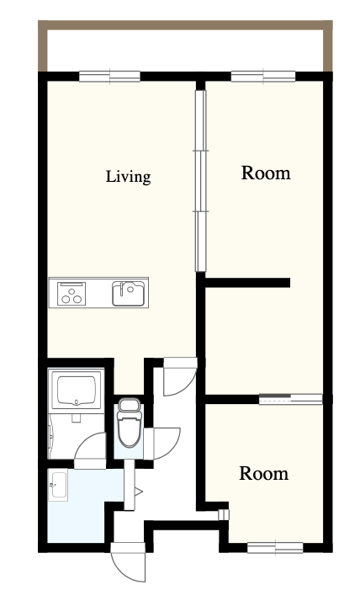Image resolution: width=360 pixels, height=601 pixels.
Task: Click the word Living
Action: pos(129,177)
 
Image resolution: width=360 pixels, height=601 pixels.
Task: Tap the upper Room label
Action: pos(266,173)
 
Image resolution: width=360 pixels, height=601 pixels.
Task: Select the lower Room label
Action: pos(264,473)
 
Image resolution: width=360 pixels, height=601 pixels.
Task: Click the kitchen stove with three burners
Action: pos(71,294)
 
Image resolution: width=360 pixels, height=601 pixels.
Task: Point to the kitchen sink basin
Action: pos(129,294)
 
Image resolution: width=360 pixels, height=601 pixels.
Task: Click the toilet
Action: pos(130,423)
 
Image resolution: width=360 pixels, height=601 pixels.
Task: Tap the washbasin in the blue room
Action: pos(58,485)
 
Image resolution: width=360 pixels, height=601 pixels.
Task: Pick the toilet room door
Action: pos(162,444)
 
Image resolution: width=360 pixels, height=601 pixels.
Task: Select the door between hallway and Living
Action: pos(180,376)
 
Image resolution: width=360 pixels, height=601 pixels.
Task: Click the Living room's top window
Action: pos(110,77)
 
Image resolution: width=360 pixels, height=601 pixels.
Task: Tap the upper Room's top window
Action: pos(263,77)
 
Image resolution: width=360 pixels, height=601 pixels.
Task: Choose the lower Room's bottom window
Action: pos(275,548)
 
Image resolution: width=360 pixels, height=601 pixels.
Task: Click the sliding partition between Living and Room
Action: pos(201,181)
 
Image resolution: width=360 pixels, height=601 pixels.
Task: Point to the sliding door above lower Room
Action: pos(291,399)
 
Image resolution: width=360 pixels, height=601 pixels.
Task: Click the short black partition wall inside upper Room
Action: pos(247,283)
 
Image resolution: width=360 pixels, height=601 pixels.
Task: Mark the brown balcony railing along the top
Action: pos(185,25)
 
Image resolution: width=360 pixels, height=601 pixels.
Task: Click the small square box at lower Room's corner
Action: pos(223,515)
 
